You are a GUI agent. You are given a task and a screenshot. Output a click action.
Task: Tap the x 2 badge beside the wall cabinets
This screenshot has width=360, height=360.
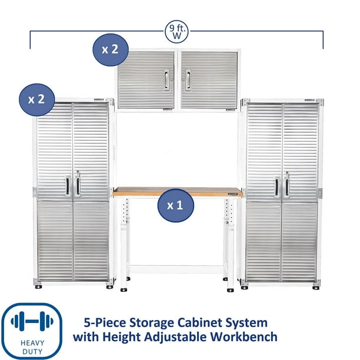click(110, 49)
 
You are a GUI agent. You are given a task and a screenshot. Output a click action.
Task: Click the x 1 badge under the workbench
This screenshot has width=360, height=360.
click(175, 206)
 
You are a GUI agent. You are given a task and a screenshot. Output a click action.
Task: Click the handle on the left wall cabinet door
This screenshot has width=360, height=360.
click(166, 81)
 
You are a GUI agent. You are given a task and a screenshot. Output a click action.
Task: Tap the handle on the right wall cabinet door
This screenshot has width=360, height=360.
click(188, 81)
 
